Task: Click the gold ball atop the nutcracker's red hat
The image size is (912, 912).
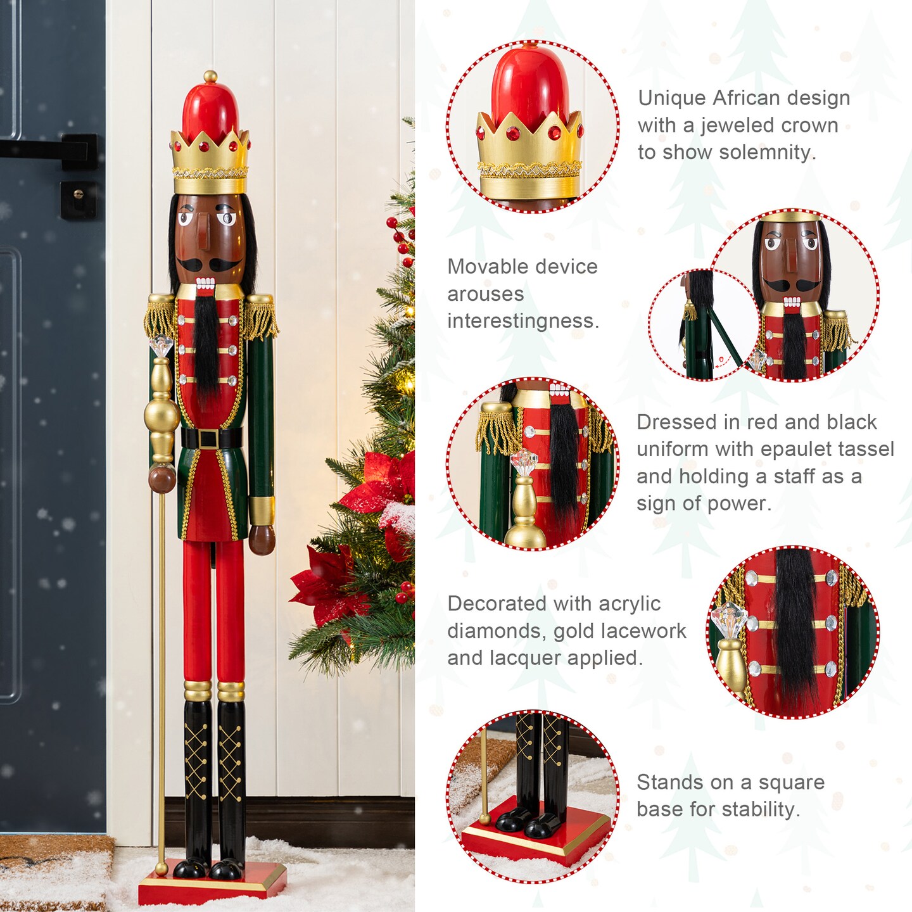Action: (x=210, y=76)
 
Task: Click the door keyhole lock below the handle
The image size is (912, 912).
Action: (x=79, y=194)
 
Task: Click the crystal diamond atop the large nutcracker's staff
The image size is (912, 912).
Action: (x=160, y=346)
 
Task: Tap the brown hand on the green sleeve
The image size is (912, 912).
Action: (x=262, y=539)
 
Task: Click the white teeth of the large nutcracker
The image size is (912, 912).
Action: (x=205, y=284)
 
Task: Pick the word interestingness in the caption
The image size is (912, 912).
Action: (x=523, y=321)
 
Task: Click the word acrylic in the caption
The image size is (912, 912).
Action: (x=630, y=604)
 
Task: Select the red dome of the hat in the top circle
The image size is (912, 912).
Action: (x=530, y=86)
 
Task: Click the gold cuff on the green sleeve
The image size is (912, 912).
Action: (x=261, y=510)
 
